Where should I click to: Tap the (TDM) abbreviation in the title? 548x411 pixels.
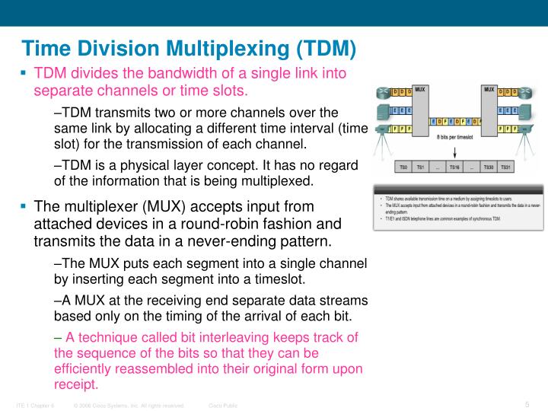[x=322, y=49]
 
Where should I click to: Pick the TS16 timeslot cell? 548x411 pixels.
[x=454, y=167]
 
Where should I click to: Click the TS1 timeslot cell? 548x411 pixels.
[x=420, y=167]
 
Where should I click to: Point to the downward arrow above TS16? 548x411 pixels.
[x=454, y=149]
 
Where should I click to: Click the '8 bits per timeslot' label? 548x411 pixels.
[x=454, y=136]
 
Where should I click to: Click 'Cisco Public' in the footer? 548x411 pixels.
[x=223, y=405]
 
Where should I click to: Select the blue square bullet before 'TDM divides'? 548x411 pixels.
[x=24, y=74]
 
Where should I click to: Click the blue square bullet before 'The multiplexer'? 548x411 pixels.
[x=24, y=206]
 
